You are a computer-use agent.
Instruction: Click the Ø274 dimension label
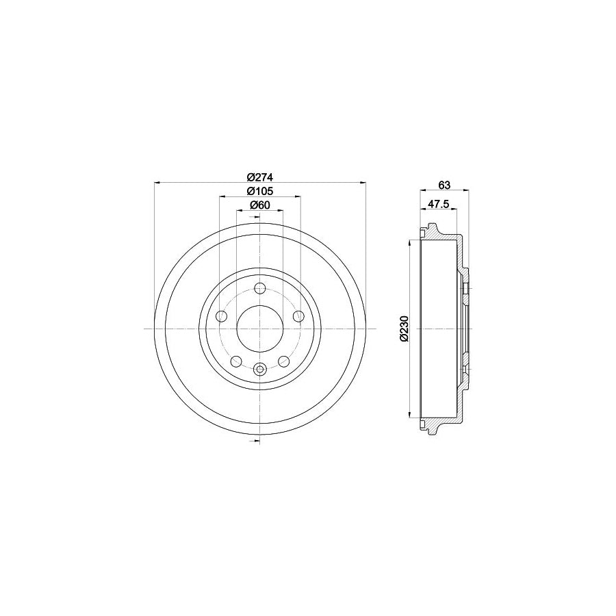[259, 175]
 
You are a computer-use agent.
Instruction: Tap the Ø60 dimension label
[259, 205]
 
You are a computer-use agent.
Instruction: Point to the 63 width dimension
[444, 185]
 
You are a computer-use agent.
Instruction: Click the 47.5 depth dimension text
[438, 203]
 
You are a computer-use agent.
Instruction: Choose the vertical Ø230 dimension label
[404, 329]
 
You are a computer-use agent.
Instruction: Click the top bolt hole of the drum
[259, 289]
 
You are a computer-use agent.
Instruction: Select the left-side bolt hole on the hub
[221, 316]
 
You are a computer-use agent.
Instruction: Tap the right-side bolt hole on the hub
[298, 316]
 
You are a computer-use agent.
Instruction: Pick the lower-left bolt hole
[236, 361]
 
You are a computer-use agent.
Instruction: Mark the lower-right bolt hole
[283, 361]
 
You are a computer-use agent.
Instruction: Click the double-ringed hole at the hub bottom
[259, 370]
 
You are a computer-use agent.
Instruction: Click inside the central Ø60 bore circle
[259, 329]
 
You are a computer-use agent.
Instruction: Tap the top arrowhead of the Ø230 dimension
[410, 242]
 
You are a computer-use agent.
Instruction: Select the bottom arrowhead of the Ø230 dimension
[410, 415]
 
